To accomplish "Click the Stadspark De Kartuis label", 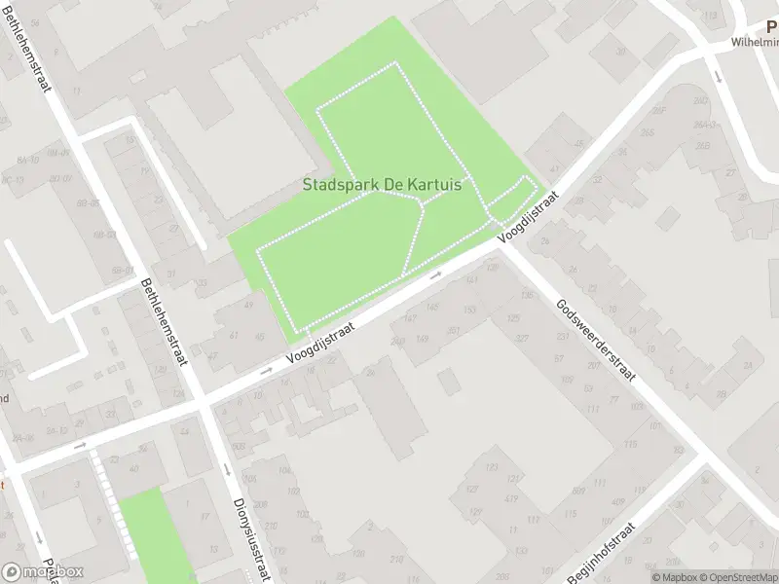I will coord(382,184).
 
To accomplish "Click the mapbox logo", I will coord(43,572).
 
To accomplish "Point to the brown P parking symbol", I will coord(772,27).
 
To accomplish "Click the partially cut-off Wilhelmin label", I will coord(755,43).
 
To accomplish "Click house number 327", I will coord(522,340).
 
